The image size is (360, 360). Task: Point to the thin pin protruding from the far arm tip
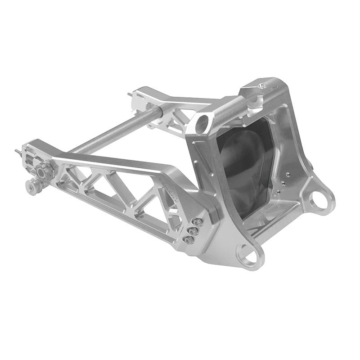click(x=130, y=95)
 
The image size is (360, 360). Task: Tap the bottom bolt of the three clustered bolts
click(x=189, y=240)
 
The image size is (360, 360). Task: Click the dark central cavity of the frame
click(x=243, y=171)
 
